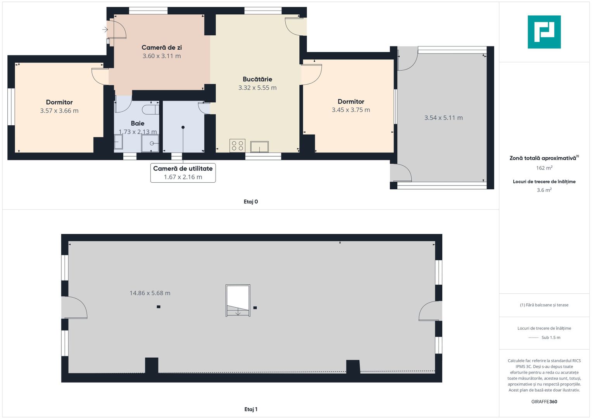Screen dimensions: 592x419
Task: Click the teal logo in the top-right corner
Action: point(544,32)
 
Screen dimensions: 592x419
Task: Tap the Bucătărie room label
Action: point(257,79)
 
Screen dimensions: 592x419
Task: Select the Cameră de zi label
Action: point(162,47)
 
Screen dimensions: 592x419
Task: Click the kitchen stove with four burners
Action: point(237,146)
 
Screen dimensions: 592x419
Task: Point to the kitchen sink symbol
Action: point(259,147)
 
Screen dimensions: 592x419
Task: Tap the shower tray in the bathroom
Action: point(150,144)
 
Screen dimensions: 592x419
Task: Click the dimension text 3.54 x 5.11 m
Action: point(444,118)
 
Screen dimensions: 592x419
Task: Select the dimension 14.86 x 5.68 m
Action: point(150,293)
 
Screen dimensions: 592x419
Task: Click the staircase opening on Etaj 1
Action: point(238,301)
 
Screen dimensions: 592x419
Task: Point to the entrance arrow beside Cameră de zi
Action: point(105,29)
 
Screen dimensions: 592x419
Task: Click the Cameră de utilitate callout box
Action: point(183,173)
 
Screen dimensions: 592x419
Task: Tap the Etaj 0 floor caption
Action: point(251,202)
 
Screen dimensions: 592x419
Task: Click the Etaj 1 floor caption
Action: point(251,409)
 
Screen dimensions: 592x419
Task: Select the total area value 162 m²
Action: point(544,168)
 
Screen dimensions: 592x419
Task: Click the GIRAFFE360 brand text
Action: point(544,402)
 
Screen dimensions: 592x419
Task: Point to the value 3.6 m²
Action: point(544,190)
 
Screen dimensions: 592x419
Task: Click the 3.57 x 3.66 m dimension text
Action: point(59,111)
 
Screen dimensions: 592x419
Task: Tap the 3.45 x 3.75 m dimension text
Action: point(351,110)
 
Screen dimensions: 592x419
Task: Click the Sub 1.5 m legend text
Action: point(551,337)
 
